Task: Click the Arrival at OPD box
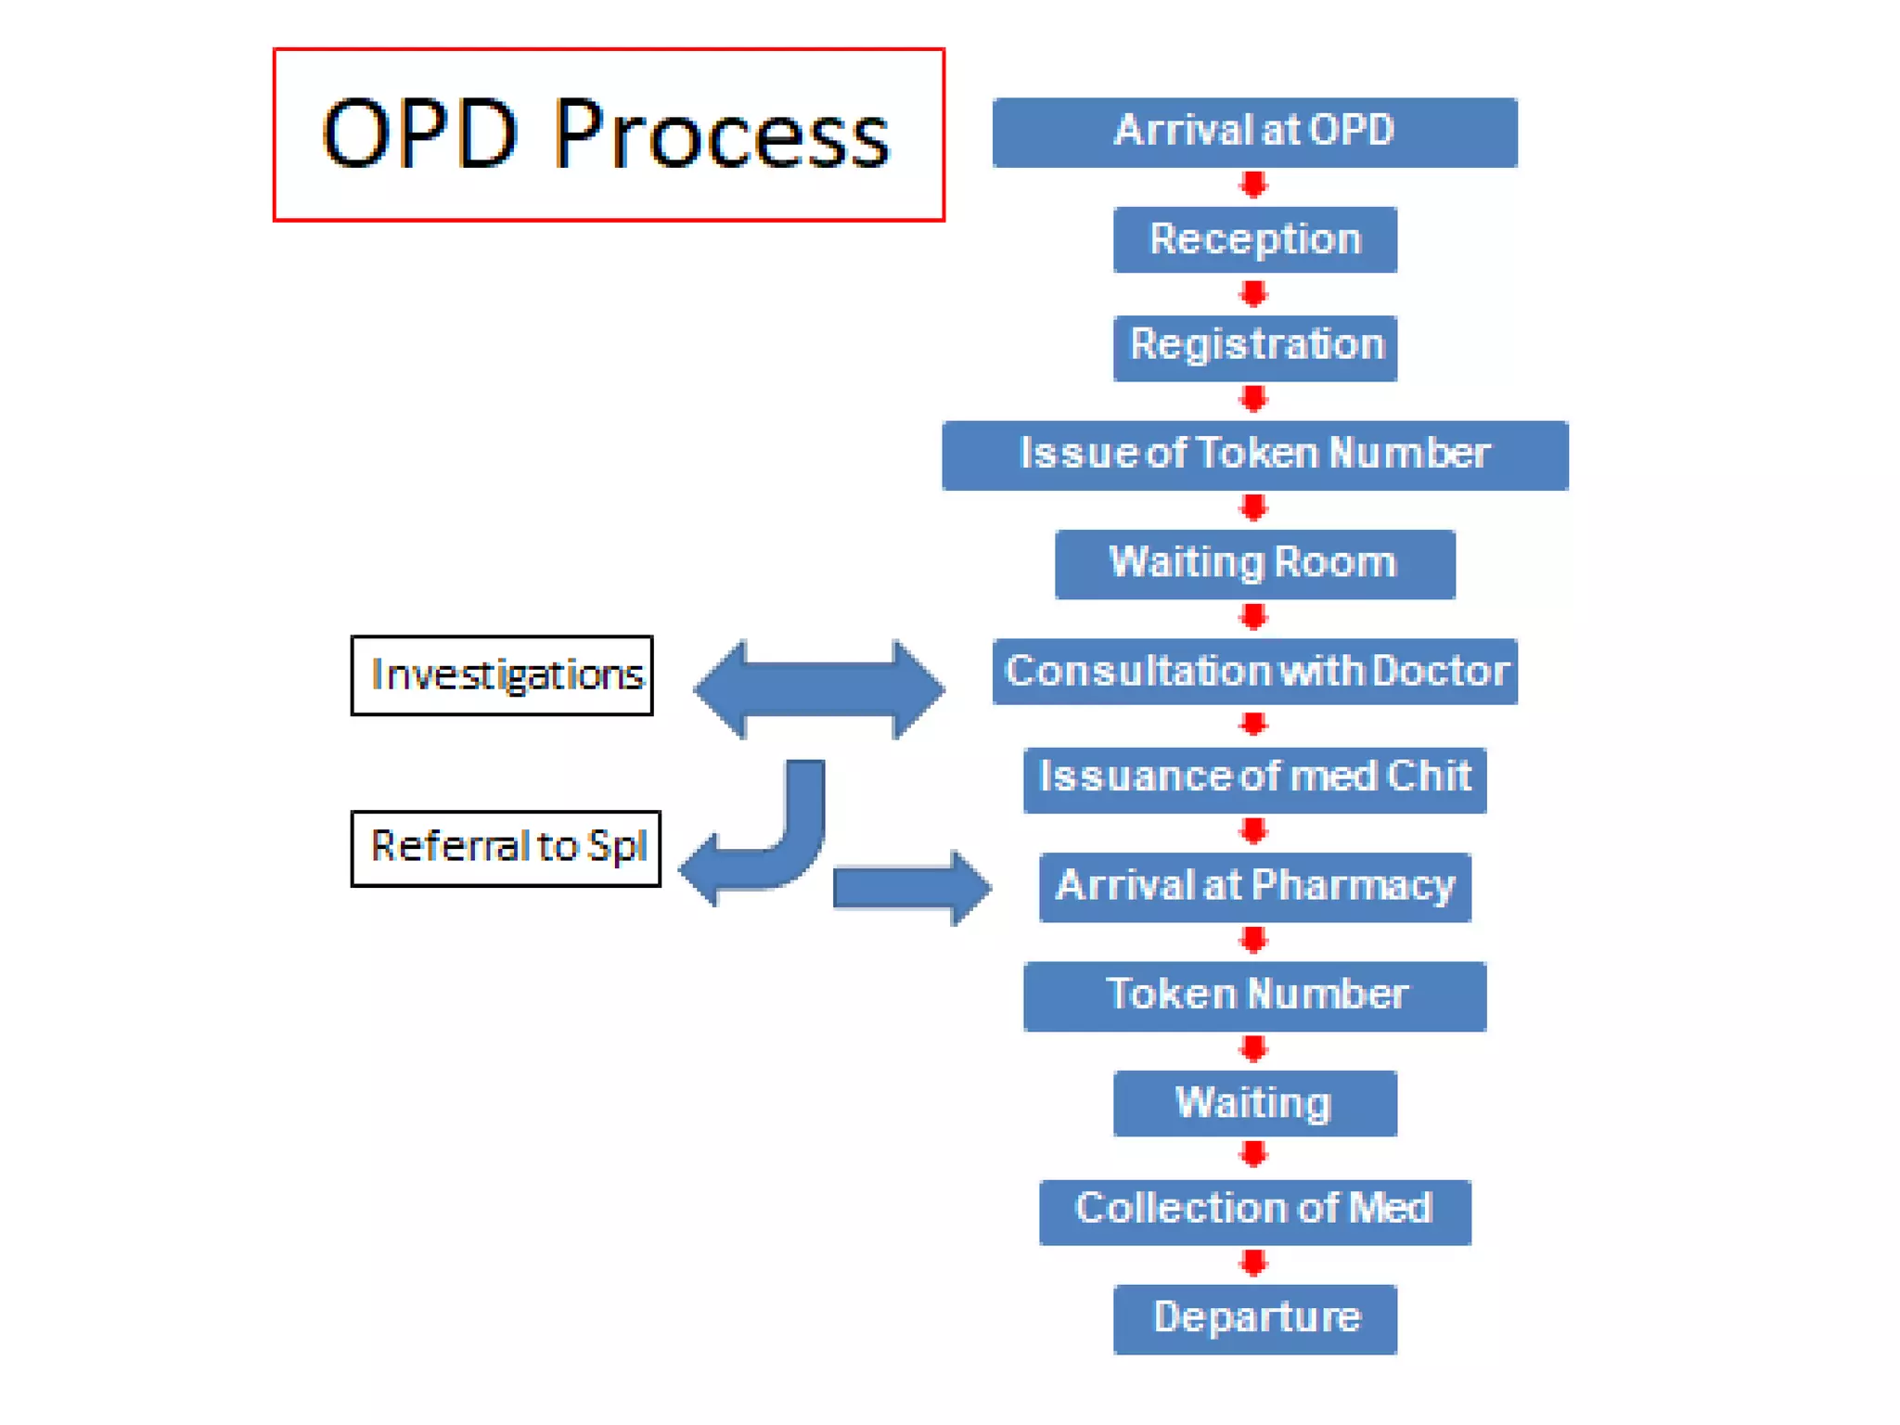tap(1254, 132)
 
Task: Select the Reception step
tap(1254, 239)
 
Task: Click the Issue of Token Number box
tap(1254, 455)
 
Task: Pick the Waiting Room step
tap(1254, 563)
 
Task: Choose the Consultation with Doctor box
tap(1254, 671)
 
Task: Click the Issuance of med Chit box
tap(1254, 778)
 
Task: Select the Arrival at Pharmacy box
tap(1254, 886)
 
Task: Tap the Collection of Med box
tap(1254, 1211)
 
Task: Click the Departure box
tap(1254, 1318)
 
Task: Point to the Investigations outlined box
tap(502, 675)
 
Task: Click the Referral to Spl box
tap(506, 848)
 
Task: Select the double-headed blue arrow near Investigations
tap(819, 689)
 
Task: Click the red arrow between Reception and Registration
tap(1253, 294)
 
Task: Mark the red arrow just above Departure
tap(1253, 1263)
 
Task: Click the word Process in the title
tap(721, 135)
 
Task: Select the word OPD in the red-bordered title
tap(418, 135)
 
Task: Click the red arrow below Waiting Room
tap(1253, 617)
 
